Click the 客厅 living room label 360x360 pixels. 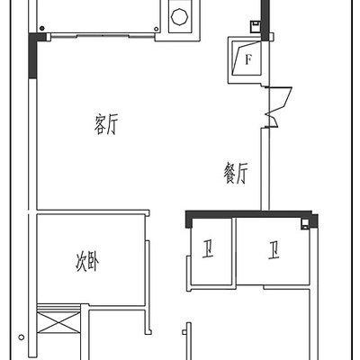coord(106,124)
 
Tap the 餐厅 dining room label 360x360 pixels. coord(236,174)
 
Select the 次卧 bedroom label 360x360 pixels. coord(87,262)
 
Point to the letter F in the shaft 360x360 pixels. coord(247,59)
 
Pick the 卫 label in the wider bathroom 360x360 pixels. coord(274,251)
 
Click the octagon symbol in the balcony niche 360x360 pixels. coord(180,16)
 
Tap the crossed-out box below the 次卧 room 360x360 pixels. coord(58,322)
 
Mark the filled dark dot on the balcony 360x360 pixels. coord(42,29)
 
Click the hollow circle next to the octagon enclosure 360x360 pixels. coord(156,29)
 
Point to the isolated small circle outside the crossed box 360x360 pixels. coord(21,337)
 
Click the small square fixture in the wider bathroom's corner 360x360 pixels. coord(305,224)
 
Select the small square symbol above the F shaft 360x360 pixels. coord(255,26)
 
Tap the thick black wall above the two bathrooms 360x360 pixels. coord(251,214)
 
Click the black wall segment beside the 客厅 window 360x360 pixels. coord(32,56)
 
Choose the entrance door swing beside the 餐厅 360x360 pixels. coord(277,107)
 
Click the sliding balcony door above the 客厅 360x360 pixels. coord(103,36)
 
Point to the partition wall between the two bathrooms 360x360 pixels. coord(234,251)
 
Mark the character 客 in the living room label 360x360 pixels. coord(100,124)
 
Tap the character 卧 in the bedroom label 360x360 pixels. coord(94,262)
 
